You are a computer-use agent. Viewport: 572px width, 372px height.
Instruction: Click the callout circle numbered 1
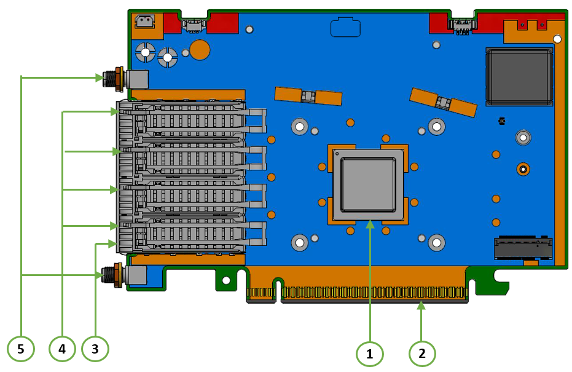pyautogui.click(x=370, y=354)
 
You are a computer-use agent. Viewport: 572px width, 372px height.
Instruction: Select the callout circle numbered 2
pyautogui.click(x=422, y=354)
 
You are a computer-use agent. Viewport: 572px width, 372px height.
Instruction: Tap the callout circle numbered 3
pyautogui.click(x=95, y=349)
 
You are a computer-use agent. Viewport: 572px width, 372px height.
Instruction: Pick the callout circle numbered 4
pyautogui.click(x=62, y=349)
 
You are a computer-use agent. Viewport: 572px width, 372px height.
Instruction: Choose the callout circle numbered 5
pyautogui.click(x=21, y=349)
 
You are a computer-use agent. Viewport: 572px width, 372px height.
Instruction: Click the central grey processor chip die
pyautogui.click(x=369, y=184)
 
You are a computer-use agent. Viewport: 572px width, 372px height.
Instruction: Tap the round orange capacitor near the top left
pyautogui.click(x=200, y=50)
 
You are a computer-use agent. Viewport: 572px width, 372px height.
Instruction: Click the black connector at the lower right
pyautogui.click(x=522, y=248)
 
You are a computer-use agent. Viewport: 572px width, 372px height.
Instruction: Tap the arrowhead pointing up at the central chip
pyautogui.click(x=370, y=224)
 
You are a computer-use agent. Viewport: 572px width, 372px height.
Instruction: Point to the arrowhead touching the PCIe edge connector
pyautogui.click(x=421, y=306)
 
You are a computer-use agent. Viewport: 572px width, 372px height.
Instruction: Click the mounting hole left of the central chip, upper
pyautogui.click(x=299, y=127)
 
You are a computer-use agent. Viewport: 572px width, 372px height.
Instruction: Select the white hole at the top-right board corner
pyautogui.click(x=557, y=39)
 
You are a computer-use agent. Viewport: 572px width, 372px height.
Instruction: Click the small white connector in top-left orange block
pyautogui.click(x=145, y=22)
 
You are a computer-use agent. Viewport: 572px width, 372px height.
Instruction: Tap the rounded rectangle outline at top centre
pyautogui.click(x=345, y=28)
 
